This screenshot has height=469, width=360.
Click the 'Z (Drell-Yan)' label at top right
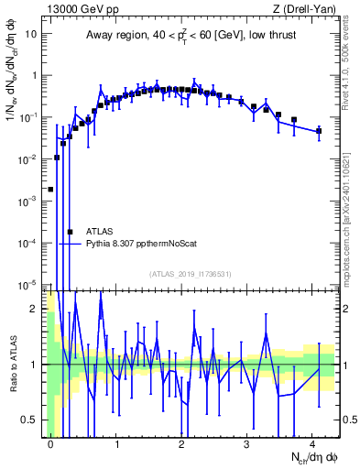(x=308, y=8)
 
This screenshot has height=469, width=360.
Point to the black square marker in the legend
(x=70, y=232)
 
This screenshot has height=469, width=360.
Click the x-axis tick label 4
(x=312, y=443)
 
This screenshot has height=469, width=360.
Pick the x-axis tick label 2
(x=181, y=443)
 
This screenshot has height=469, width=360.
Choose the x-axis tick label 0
(x=50, y=443)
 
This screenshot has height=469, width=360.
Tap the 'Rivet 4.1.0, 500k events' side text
(x=350, y=64)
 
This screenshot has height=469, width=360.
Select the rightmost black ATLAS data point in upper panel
(x=319, y=131)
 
